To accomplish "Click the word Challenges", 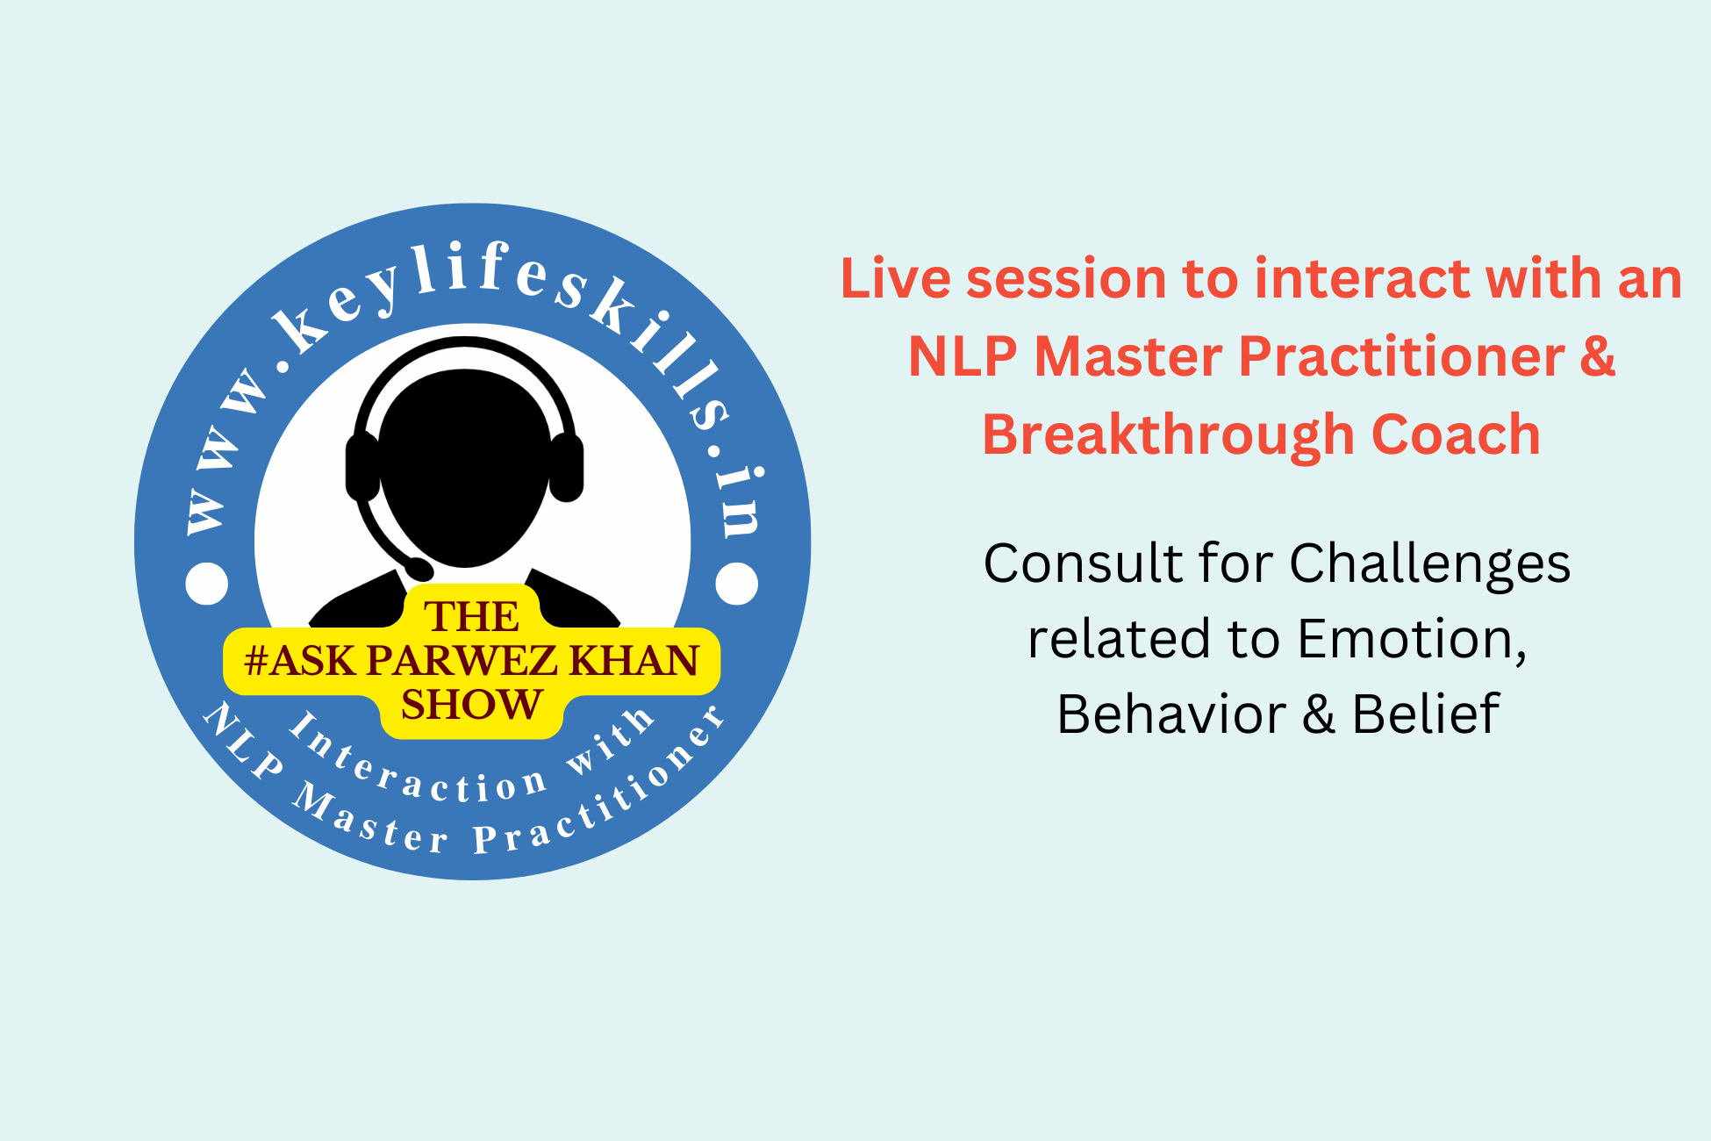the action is coord(1429,564).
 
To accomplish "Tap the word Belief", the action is coord(1426,714).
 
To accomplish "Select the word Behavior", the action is coord(1171,714).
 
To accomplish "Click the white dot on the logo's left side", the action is coord(207,584).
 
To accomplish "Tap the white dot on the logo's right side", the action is coord(737,584).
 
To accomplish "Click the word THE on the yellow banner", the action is coord(472,617).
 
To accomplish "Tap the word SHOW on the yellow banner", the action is coord(472,705).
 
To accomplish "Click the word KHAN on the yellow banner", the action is coord(635,661).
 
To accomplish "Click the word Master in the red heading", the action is coord(1128,357).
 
